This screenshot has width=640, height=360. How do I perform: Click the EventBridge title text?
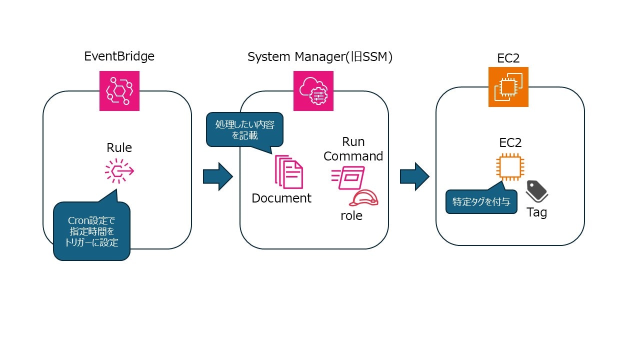(119, 56)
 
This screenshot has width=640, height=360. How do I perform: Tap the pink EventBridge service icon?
(119, 90)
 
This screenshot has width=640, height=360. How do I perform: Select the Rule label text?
(119, 148)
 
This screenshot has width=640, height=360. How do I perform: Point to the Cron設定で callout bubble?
(91, 230)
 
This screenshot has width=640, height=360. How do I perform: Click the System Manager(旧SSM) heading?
(320, 57)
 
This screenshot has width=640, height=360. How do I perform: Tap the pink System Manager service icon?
(313, 90)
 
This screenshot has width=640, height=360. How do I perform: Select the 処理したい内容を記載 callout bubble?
(244, 129)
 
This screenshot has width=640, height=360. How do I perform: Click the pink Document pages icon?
(288, 172)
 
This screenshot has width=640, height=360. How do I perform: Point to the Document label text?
(281, 198)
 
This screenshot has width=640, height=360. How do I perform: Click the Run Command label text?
(353, 149)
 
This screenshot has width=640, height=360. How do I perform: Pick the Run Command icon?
(348, 178)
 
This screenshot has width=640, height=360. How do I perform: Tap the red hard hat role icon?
(363, 198)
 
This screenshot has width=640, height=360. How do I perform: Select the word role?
(351, 216)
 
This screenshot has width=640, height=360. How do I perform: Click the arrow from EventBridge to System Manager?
(217, 176)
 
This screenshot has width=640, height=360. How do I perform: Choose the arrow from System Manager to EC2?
(414, 176)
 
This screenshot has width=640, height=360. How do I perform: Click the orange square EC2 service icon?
(508, 87)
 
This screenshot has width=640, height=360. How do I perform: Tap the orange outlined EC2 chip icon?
(510, 167)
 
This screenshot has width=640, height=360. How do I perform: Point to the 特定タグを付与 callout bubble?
(481, 202)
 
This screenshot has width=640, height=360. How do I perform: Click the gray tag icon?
(537, 191)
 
